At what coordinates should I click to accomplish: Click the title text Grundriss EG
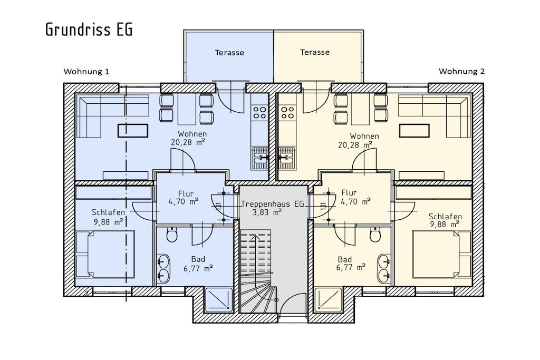point(89,30)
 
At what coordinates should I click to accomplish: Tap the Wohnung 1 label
point(86,72)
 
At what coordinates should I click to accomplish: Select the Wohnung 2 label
point(461,71)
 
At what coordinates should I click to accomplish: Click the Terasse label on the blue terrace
point(229,53)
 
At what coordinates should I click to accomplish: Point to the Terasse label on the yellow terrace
point(315,52)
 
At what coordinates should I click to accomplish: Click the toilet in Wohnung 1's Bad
point(171,235)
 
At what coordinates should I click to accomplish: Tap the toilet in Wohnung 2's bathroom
point(375,235)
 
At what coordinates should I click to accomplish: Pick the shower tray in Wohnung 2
point(328,299)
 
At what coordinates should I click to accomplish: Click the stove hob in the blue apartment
point(259,112)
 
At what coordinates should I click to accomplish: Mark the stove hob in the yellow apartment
point(287,112)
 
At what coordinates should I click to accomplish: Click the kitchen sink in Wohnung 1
point(260,158)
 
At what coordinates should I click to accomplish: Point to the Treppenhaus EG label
point(273,204)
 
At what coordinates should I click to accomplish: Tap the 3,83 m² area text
point(267,213)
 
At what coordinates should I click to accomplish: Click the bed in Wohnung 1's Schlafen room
point(105,254)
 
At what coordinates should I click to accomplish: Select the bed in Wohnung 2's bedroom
point(442,254)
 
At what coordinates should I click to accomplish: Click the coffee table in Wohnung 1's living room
point(133,131)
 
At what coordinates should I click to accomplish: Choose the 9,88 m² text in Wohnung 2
point(445,225)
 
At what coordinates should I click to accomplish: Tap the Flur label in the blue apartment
point(186,194)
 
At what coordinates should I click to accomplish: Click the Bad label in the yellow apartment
point(345,259)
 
